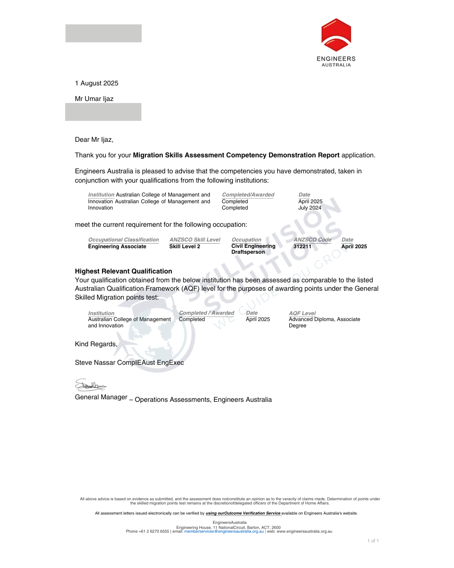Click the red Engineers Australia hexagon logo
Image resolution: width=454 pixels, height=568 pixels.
[336, 35]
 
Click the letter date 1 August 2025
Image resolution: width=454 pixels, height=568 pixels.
[97, 83]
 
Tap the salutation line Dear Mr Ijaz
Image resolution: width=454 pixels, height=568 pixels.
[94, 140]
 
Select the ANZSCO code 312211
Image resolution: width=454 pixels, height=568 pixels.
[302, 247]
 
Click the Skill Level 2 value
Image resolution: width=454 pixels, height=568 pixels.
[185, 247]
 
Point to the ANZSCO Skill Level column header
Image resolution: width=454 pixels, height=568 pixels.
[195, 240]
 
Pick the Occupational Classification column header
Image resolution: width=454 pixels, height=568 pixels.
[124, 240]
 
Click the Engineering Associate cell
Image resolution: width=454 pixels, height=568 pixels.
[117, 247]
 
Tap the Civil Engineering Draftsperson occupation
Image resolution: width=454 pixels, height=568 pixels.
[253, 249]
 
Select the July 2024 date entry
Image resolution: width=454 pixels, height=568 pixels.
[309, 208]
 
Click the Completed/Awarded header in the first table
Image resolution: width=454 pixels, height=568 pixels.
[248, 195]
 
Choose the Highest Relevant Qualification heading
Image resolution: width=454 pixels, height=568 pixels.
[124, 271]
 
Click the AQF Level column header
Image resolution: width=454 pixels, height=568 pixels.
[302, 313]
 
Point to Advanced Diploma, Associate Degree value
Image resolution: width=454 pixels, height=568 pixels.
[324, 322]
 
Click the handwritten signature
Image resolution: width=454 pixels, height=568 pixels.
[90, 385]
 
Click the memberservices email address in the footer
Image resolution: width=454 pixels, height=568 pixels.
[224, 531]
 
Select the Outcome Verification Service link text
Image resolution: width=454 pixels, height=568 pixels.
[243, 513]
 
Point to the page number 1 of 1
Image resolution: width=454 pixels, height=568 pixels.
[373, 541]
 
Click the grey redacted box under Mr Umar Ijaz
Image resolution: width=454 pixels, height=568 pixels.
[103, 112]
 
